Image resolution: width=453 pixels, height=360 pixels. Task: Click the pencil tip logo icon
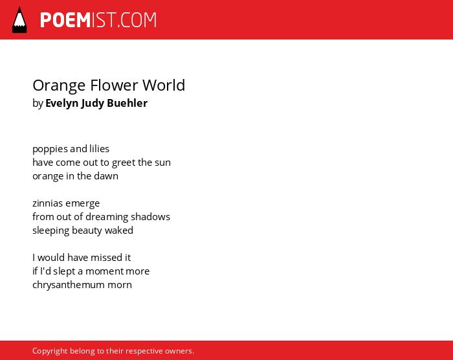19,20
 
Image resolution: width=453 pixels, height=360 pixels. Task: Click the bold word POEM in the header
65,20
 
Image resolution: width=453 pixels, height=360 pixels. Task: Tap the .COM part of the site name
137,20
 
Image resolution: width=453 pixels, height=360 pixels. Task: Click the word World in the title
164,85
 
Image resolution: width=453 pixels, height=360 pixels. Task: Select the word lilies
99,149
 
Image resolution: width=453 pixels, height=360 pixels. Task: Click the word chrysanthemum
69,286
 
